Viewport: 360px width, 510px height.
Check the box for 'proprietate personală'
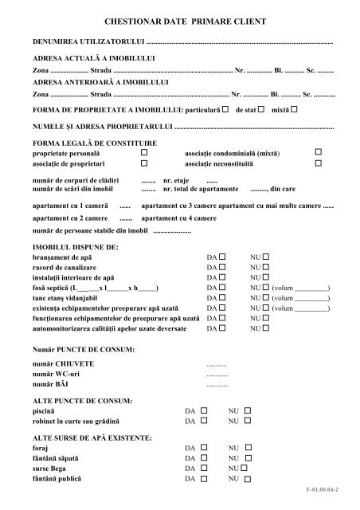point(144,151)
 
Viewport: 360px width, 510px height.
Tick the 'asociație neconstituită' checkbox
point(318,162)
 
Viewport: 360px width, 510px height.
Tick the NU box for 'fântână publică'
point(248,481)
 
